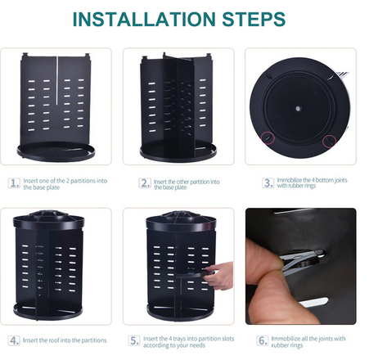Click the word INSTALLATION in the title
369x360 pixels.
(144, 19)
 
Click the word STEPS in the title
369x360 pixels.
(254, 19)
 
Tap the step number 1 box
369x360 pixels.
(14, 183)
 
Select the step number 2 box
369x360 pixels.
(145, 183)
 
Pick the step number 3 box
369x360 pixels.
(268, 182)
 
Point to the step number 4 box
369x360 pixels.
(14, 340)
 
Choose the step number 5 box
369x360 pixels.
(134, 340)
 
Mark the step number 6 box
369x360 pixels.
(262, 340)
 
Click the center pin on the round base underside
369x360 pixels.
(298, 109)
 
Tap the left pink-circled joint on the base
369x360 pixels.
(268, 137)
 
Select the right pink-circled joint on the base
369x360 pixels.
(329, 141)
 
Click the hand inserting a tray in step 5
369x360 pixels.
(219, 276)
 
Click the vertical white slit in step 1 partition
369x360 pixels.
(56, 81)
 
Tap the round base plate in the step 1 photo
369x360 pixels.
(56, 151)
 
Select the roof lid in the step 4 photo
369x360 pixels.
(48, 219)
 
